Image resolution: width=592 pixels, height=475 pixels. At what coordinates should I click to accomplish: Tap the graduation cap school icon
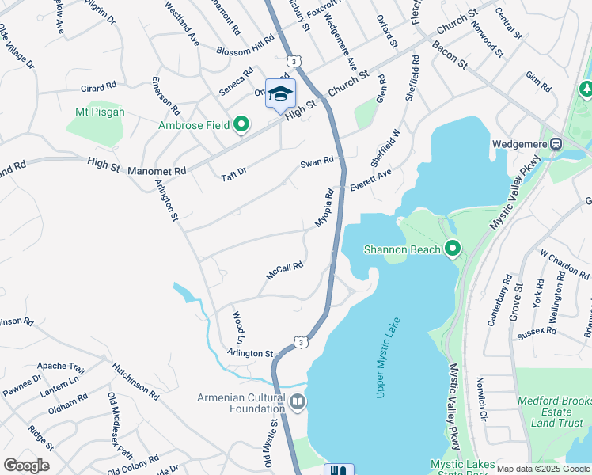click(x=280, y=93)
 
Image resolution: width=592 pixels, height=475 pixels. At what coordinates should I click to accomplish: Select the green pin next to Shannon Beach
click(x=452, y=249)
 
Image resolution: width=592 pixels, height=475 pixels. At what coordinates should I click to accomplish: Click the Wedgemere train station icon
click(x=556, y=144)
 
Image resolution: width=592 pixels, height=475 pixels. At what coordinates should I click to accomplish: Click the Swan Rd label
click(x=317, y=162)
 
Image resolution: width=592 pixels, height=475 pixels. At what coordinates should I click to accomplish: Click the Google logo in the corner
click(x=27, y=465)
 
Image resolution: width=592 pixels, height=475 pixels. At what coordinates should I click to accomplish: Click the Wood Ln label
click(x=237, y=325)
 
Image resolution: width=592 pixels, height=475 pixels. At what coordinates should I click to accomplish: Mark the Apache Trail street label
click(x=60, y=368)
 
